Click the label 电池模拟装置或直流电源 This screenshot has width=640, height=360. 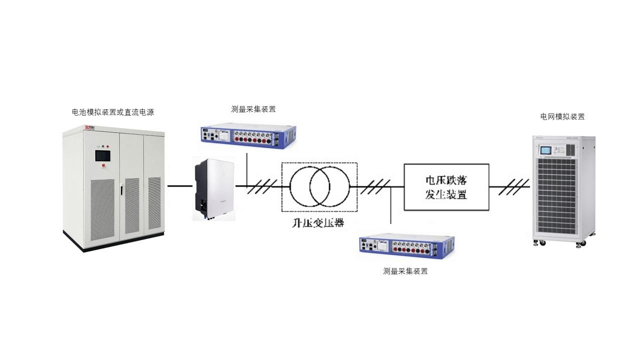coord(112,112)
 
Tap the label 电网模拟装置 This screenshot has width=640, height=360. coord(562,116)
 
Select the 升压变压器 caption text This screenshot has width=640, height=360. coord(318,223)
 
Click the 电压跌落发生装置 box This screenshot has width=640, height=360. coord(446,186)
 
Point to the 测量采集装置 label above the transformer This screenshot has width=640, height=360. coord(253,109)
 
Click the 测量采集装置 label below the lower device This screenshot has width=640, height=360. coord(405,271)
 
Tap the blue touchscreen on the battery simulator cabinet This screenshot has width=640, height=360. coord(104,154)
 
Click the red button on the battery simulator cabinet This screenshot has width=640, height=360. coord(104,165)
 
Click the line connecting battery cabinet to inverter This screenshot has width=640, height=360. coord(179,186)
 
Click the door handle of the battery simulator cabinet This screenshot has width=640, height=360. coord(121,190)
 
